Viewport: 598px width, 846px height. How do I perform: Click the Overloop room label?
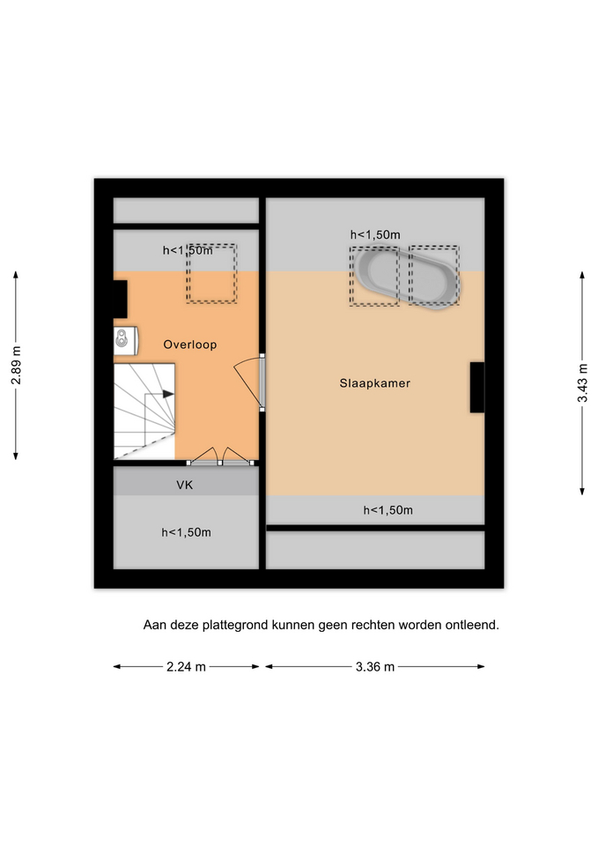tap(190, 345)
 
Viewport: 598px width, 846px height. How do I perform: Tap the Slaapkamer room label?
tap(375, 383)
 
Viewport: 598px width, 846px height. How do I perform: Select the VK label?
tap(184, 485)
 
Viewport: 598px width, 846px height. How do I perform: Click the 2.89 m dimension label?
tap(16, 365)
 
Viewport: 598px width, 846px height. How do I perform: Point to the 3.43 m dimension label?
tap(582, 382)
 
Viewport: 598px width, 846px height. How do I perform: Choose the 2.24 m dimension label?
tap(186, 667)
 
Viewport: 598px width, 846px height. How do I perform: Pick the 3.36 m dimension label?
tap(375, 667)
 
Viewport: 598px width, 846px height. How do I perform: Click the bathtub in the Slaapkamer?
tap(406, 278)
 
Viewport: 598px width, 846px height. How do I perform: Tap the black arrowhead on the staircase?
tap(168, 394)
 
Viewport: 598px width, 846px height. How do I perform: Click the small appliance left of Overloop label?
tap(126, 340)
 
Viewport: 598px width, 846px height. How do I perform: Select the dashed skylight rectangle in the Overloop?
tap(211, 273)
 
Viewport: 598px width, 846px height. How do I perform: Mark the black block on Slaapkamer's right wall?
tap(477, 388)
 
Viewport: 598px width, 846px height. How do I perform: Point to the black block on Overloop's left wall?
tap(121, 299)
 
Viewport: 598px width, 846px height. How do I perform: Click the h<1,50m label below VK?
tap(186, 532)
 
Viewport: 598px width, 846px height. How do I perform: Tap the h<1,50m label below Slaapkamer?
tap(388, 510)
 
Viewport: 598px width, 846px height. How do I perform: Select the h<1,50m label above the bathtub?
tap(375, 234)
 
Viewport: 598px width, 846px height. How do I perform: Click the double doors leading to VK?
tap(220, 457)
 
